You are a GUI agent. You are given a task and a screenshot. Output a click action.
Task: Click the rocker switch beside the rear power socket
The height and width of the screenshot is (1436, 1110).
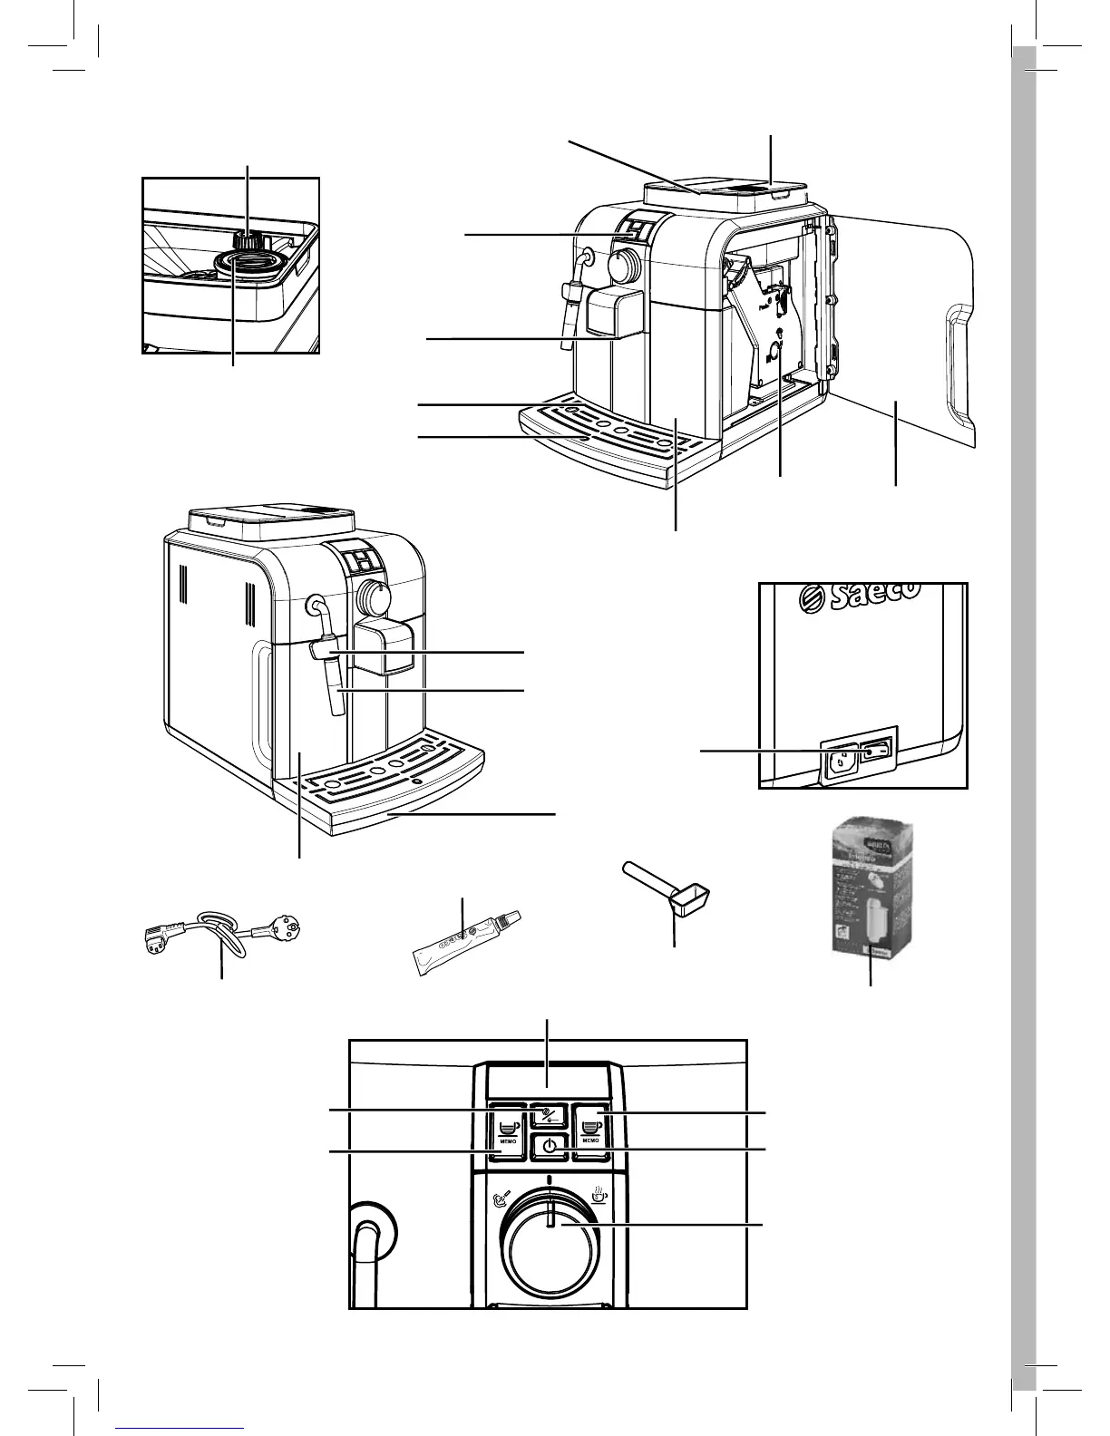click(x=877, y=750)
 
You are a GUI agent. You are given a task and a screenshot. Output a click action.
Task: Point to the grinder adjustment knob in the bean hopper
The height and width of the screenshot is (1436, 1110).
click(x=248, y=240)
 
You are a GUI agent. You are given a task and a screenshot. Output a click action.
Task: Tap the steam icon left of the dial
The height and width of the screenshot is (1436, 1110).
click(x=500, y=1200)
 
